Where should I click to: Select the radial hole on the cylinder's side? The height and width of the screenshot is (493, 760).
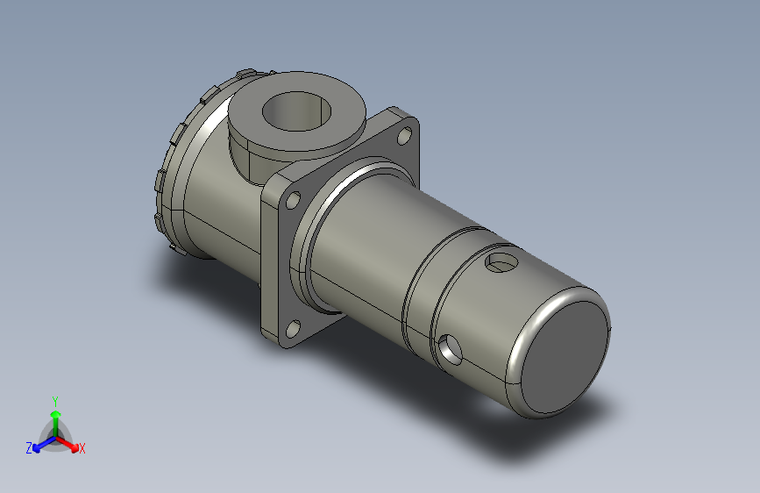[x=451, y=350]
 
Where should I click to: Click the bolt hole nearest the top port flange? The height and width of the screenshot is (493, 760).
[x=403, y=136]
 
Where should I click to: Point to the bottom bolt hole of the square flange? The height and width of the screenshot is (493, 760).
[x=293, y=330]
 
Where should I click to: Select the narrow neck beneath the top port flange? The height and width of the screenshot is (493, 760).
[x=250, y=158]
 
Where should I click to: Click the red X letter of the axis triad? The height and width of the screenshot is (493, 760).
[x=82, y=448]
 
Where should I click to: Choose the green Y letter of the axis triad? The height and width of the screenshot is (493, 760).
[x=54, y=399]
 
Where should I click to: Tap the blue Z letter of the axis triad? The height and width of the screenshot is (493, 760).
[x=29, y=447]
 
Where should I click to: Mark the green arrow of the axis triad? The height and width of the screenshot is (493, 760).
[x=55, y=417]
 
